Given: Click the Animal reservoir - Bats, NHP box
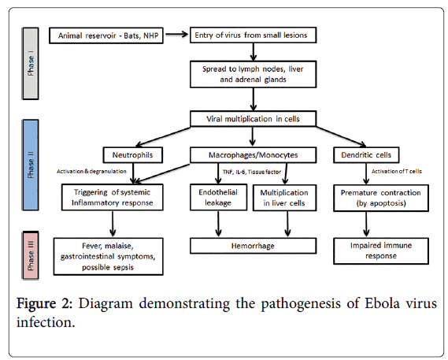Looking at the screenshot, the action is [x=106, y=35].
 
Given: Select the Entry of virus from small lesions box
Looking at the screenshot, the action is [x=254, y=35].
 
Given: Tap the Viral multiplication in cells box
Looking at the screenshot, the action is [x=254, y=119].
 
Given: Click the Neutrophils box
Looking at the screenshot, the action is [x=133, y=155].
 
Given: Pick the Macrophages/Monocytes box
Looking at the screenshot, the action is [x=254, y=155].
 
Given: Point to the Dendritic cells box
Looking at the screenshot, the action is [x=366, y=155].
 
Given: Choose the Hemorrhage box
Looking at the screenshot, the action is [x=254, y=246].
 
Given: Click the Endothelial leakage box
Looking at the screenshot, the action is [x=219, y=198].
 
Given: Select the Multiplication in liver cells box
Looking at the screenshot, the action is [x=284, y=198].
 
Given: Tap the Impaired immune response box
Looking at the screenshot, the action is [x=381, y=251].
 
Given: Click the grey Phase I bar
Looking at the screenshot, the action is [x=30, y=64].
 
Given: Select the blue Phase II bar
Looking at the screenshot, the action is [x=30, y=165].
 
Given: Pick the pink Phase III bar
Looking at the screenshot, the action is [x=30, y=255].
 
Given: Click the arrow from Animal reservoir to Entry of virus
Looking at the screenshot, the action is [x=176, y=35].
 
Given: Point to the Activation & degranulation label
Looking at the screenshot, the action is [x=91, y=171].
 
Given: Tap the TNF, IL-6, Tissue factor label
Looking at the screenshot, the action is [x=252, y=172].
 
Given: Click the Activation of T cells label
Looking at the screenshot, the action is [x=397, y=171].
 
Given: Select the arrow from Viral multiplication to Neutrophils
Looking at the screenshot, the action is [x=163, y=137].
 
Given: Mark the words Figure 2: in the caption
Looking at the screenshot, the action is [x=45, y=303].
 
